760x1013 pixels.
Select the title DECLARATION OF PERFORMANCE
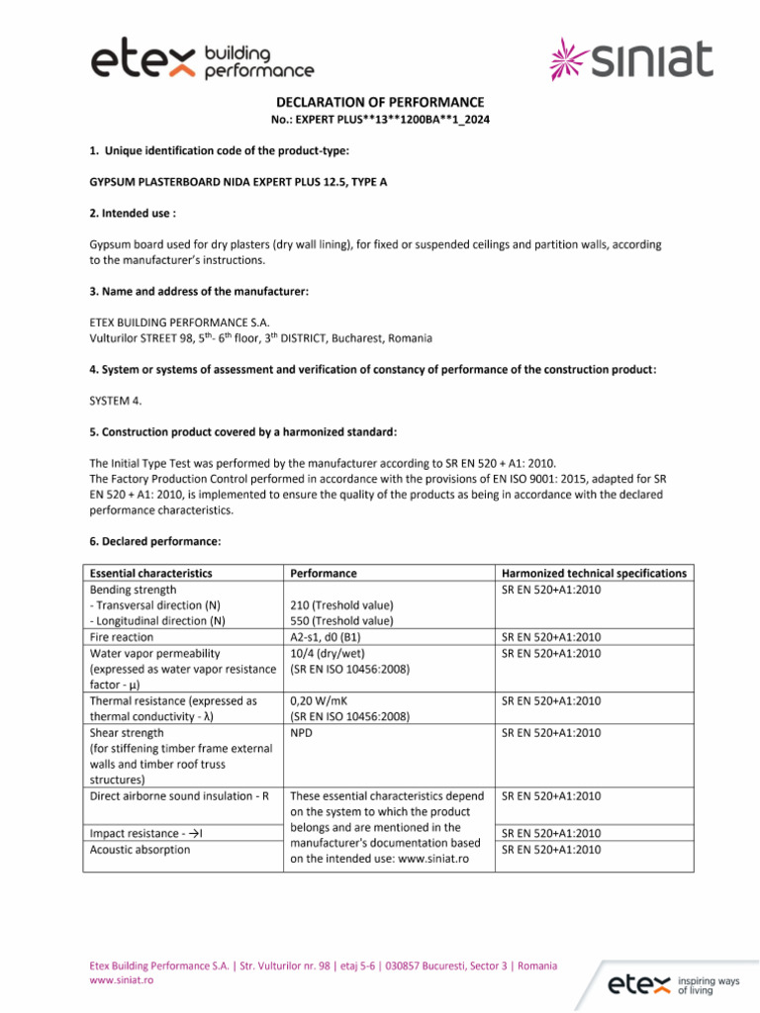pyautogui.click(x=380, y=102)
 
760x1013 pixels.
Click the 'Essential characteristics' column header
pyautogui.click(x=150, y=573)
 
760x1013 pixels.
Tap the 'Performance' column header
pyautogui.click(x=324, y=573)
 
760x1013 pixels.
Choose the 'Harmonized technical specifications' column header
pyautogui.click(x=594, y=573)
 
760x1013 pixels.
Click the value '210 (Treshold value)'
pyautogui.click(x=341, y=605)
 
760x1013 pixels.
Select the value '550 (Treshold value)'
pyautogui.click(x=341, y=621)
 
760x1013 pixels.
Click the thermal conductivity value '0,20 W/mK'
pyautogui.click(x=321, y=701)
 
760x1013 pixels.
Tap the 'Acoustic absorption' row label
pyautogui.click(x=140, y=850)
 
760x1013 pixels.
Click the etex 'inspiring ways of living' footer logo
pyautogui.click(x=673, y=984)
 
